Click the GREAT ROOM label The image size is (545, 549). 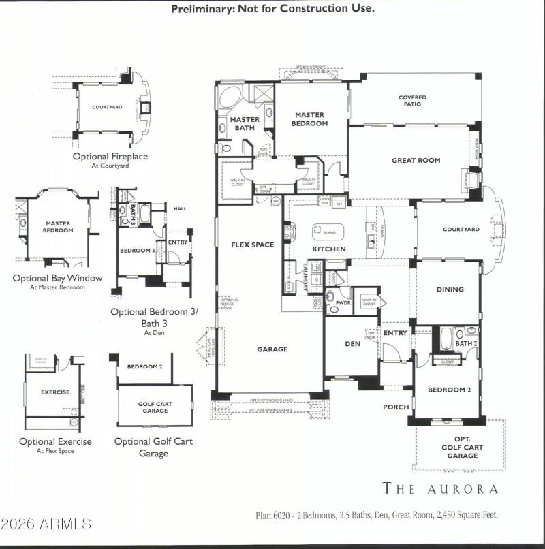[x=416, y=161]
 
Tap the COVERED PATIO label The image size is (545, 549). [x=412, y=101]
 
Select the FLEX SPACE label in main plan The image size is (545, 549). [x=253, y=245]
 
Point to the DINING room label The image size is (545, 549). [x=450, y=289]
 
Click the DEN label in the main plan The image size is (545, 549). [x=352, y=344]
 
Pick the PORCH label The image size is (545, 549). [x=396, y=407]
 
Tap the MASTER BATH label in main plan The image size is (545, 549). [x=244, y=124]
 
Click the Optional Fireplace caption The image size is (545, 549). [x=110, y=157]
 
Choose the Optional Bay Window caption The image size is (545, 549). [x=57, y=278]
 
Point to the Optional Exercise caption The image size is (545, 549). [x=55, y=441]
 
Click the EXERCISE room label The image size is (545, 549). [x=54, y=392]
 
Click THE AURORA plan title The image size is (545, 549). [x=440, y=488]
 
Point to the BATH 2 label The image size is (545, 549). [x=466, y=344]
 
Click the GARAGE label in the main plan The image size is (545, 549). [x=272, y=349]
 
